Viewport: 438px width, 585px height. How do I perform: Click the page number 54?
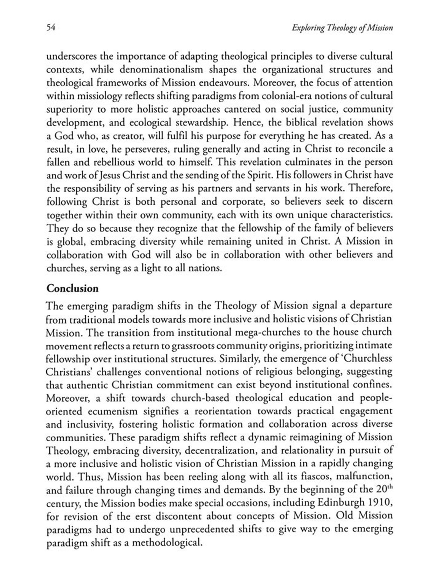pyautogui.click(x=51, y=27)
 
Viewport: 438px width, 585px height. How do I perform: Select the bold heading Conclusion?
pyautogui.click(x=72, y=288)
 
